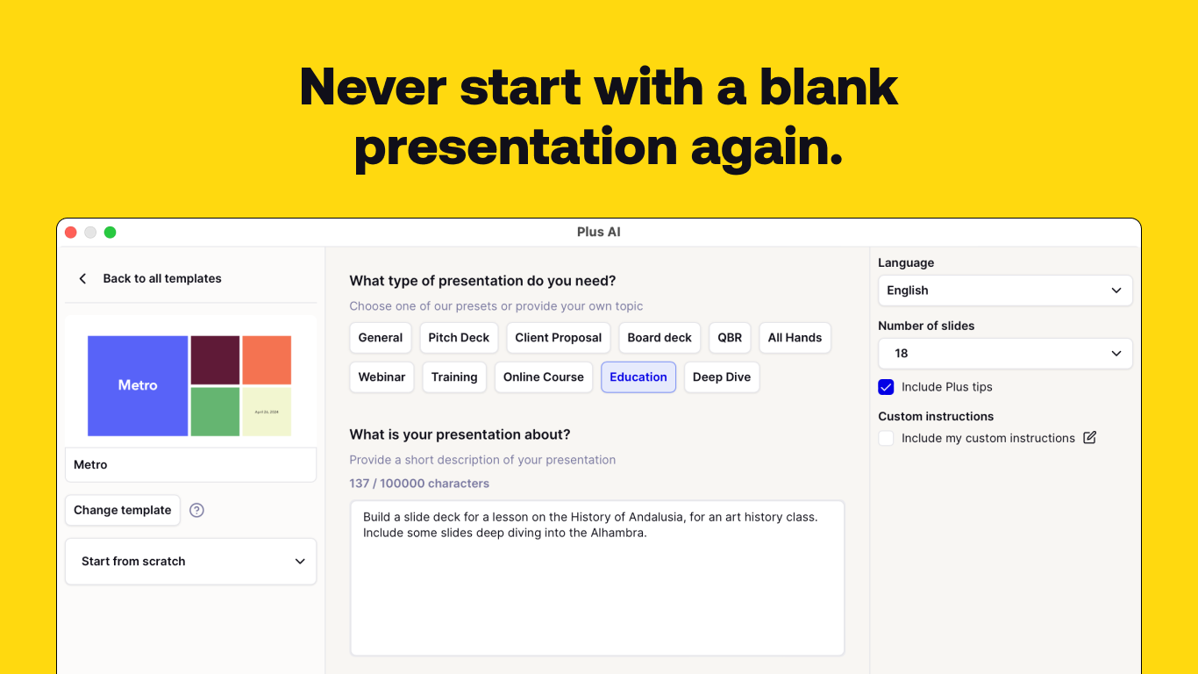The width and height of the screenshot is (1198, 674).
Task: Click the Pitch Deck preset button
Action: [x=459, y=338]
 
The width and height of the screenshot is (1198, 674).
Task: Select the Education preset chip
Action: [x=638, y=377]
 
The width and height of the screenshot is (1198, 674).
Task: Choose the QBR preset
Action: [x=730, y=338]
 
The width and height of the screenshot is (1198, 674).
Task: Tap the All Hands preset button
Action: [x=795, y=338]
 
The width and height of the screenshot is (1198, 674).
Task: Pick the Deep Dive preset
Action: [x=722, y=377]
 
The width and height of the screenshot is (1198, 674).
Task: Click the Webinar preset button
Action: [x=382, y=377]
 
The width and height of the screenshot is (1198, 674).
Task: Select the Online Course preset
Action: [x=543, y=377]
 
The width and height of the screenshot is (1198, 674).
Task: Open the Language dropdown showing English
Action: [x=1005, y=290]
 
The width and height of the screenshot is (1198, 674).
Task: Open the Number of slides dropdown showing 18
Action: [x=1005, y=354]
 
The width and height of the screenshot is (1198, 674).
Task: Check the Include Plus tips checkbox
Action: [x=886, y=387]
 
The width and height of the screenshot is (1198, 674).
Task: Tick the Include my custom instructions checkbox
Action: [x=886, y=438]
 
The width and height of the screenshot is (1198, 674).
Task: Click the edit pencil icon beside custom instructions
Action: [x=1089, y=438]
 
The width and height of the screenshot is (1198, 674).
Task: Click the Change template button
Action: [x=123, y=510]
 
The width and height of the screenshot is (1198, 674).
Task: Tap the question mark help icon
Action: [x=197, y=510]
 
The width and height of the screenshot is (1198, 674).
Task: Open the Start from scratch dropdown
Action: [x=190, y=562]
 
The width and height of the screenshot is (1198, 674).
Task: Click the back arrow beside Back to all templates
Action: [x=83, y=279]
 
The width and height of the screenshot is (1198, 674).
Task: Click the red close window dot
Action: [x=71, y=233]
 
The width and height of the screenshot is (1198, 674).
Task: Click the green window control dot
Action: [x=111, y=233]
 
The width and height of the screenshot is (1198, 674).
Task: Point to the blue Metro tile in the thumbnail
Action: [x=138, y=385]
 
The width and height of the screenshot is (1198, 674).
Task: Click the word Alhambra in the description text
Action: [x=617, y=533]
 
